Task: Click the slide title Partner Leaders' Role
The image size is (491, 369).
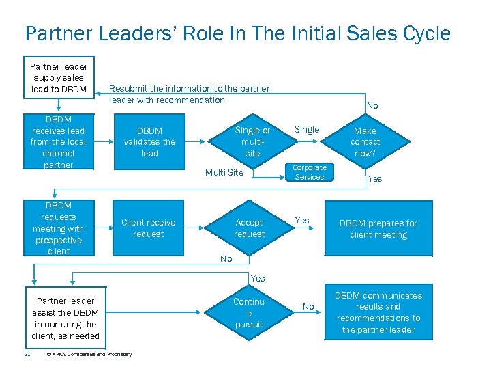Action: tap(237, 33)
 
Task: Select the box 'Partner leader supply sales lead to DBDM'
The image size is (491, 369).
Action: tap(59, 77)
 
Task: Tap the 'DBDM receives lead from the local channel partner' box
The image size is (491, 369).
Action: tap(59, 142)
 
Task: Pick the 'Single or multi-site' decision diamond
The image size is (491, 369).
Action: tap(252, 142)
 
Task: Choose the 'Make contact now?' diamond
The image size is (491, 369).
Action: tap(365, 142)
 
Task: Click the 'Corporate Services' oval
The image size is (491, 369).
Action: tap(310, 172)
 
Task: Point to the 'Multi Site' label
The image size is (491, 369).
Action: tap(224, 173)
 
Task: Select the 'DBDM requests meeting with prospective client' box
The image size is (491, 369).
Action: tap(59, 228)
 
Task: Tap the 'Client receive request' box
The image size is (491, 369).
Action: tap(148, 228)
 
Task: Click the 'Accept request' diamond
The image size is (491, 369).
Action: tap(249, 228)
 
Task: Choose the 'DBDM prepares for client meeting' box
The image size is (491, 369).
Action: tap(378, 229)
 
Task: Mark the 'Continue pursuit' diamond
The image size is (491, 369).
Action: tap(249, 312)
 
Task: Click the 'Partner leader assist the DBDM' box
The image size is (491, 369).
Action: tap(65, 318)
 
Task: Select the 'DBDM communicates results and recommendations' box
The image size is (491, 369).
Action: tap(378, 312)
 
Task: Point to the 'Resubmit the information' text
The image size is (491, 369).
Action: tap(189, 94)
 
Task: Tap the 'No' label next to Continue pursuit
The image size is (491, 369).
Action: tap(308, 307)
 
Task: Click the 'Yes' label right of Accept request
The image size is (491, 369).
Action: tap(301, 220)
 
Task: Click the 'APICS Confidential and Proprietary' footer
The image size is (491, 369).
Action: tap(90, 354)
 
